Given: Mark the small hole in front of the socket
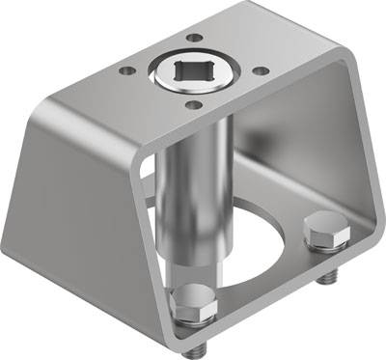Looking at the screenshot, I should click(x=192, y=104).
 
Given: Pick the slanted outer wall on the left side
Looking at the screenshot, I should click(x=77, y=212).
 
